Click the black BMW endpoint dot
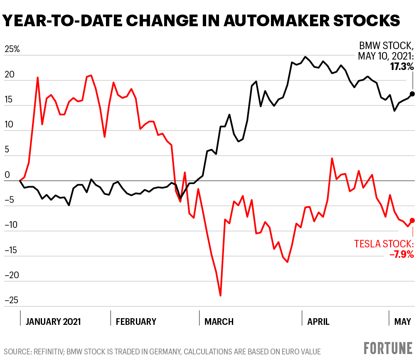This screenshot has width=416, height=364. [412, 94]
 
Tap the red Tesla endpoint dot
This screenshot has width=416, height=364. [412, 220]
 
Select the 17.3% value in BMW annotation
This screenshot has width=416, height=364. [402, 66]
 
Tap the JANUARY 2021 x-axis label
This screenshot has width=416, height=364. [53, 322]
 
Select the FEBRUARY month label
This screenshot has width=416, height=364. [136, 322]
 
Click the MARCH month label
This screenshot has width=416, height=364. [219, 322]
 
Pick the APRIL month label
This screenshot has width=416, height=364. [318, 322]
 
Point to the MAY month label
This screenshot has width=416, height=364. [402, 322]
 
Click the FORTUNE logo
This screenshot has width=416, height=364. [388, 348]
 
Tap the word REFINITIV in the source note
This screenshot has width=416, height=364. [52, 352]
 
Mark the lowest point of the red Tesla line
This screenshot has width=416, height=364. [220, 296]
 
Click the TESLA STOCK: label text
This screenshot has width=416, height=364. [384, 244]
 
